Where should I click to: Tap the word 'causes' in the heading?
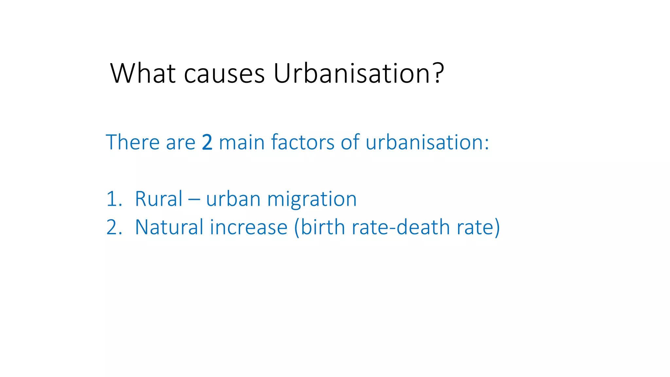tap(224, 74)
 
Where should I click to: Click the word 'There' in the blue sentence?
tap(132, 142)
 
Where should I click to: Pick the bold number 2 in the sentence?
tap(207, 142)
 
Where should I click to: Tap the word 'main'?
tap(241, 142)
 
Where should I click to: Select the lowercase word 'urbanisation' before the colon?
tap(424, 142)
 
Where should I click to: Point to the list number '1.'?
tap(114, 199)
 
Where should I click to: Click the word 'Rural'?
tap(159, 199)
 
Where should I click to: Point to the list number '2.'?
tap(114, 227)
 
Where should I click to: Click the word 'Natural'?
tap(169, 227)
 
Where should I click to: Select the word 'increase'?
tap(249, 227)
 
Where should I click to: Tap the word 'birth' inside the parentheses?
tap(323, 227)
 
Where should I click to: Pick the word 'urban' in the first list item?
tap(233, 199)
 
